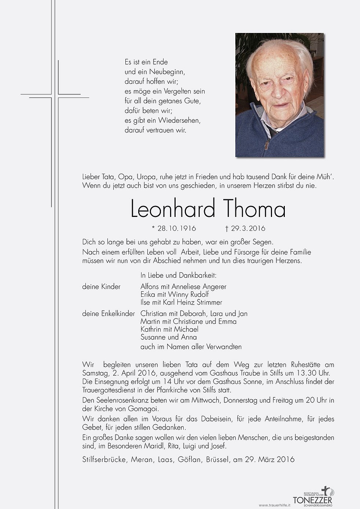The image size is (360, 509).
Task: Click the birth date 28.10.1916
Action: (176, 228)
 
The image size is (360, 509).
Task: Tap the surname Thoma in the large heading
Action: (254, 209)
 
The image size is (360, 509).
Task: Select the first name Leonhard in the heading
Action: (173, 209)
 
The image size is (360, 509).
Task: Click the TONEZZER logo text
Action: (312, 500)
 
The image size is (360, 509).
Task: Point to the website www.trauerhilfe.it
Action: (275, 505)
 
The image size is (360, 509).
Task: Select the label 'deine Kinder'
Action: (101, 287)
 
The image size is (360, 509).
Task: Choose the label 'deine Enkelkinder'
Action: (109, 314)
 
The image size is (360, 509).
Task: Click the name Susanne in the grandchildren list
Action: (154, 337)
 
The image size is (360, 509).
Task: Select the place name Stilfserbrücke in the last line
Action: (104, 459)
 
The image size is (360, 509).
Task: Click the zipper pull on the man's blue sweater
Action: (267, 145)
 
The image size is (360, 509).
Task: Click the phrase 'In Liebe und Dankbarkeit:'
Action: (178, 275)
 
